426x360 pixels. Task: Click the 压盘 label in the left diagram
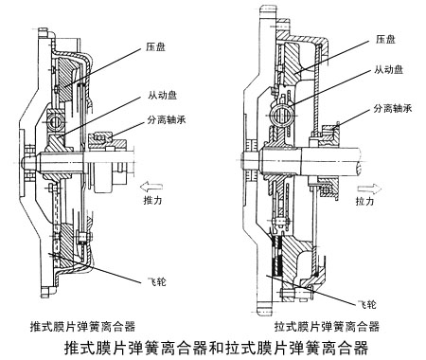[x=155, y=47]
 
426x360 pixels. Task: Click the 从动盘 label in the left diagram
[x=163, y=95]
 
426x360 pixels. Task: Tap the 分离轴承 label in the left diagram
[x=167, y=119]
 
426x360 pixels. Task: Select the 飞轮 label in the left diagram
[x=156, y=281]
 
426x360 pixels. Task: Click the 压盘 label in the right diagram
[x=385, y=39]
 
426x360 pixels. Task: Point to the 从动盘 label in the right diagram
[x=388, y=69]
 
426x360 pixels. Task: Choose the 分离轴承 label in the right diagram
[x=393, y=109]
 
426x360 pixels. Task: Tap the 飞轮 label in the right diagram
[x=366, y=304]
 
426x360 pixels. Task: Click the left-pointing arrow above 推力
[x=151, y=187]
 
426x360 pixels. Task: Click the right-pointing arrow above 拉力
[x=369, y=189]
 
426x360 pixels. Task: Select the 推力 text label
[x=152, y=200]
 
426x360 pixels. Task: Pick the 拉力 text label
[x=364, y=201]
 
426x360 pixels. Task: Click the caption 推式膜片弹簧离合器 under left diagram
[x=82, y=326]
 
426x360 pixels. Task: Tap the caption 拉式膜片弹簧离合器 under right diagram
[x=327, y=326]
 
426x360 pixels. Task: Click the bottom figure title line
[x=216, y=348]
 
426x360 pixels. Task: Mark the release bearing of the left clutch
[x=101, y=139]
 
